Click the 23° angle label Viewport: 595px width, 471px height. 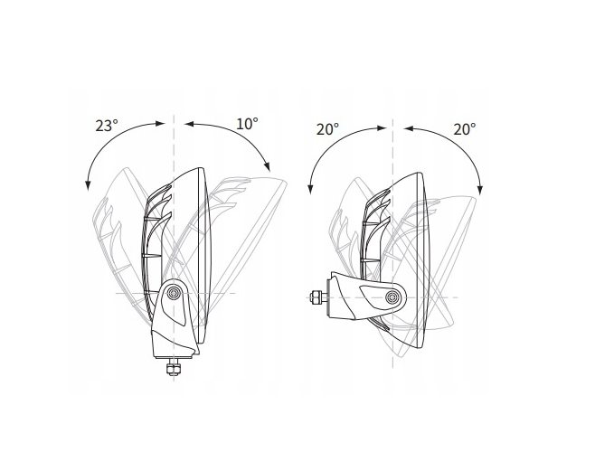[x=107, y=126]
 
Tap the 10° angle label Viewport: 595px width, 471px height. [x=247, y=124]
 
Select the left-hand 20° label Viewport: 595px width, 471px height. [x=327, y=129]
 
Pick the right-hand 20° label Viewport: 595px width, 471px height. [x=465, y=129]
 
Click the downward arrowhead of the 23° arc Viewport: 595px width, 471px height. [x=88, y=185]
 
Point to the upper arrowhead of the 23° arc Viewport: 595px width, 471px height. [x=161, y=123]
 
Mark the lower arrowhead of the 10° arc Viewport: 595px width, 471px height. [x=267, y=167]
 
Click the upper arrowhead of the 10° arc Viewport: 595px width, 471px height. [x=189, y=124]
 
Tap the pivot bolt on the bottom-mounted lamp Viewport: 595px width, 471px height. [x=175, y=292]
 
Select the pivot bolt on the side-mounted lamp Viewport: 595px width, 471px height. [x=392, y=297]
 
